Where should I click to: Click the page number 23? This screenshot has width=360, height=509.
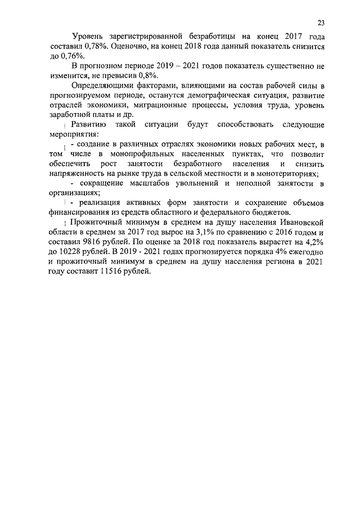click(x=321, y=23)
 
